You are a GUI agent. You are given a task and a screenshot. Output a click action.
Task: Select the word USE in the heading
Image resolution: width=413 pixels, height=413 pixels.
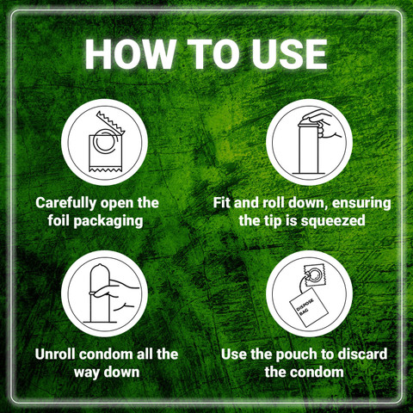pos(290,54)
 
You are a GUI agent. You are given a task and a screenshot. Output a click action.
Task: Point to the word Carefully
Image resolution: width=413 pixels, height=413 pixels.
pos(66,203)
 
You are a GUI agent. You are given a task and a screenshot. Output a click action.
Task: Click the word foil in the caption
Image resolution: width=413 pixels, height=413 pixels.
pos(59,220)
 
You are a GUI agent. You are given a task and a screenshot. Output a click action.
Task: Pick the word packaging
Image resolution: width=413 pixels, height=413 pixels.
pos(108,222)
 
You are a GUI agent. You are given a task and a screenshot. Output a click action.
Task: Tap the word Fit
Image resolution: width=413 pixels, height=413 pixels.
pos(222,202)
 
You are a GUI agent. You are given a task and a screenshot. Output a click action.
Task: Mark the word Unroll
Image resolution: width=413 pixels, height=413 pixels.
pos(55,354)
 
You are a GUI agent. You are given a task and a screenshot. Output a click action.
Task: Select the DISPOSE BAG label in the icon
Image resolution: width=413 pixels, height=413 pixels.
pos(305,308)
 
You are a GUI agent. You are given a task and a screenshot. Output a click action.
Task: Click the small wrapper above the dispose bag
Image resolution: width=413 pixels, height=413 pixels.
pos(315,274)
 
